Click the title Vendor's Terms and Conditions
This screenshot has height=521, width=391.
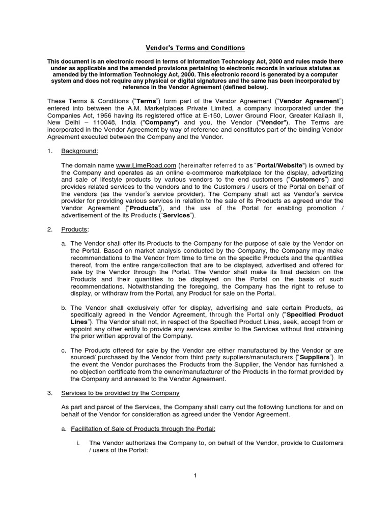195,48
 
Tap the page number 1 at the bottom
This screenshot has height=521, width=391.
195,476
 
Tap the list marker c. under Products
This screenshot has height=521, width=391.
64,351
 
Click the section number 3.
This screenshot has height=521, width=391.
50,393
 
